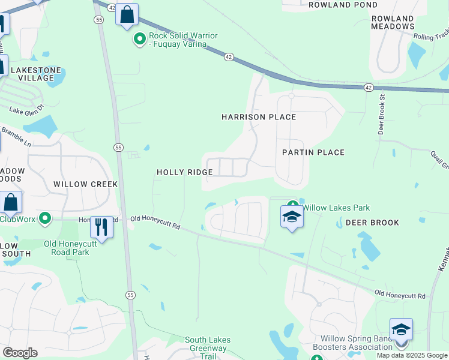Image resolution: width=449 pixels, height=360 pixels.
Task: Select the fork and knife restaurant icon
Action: [101, 227]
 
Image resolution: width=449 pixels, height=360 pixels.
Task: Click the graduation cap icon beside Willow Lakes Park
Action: [292, 217]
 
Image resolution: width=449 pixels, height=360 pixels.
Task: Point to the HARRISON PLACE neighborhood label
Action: [259, 117]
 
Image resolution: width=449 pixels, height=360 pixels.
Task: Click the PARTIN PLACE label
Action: [313, 152]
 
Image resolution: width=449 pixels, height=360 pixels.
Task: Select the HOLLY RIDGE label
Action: [185, 172]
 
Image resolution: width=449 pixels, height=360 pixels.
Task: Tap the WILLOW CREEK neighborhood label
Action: [85, 184]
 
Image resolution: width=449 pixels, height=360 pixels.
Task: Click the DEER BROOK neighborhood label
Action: [372, 223]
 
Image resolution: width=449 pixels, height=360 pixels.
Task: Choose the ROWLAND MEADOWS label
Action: [393, 22]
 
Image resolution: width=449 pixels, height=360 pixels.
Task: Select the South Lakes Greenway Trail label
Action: [208, 348]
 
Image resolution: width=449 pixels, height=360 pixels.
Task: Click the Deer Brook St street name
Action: [381, 114]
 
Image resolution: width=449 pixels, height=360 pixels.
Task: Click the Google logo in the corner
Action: [20, 353]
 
